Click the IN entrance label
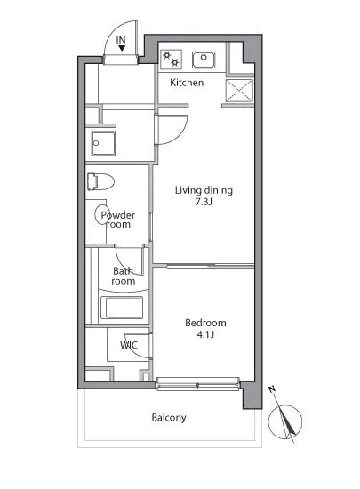point(121,40)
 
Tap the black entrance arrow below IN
point(122,48)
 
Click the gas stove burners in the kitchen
point(172,60)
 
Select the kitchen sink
point(204,60)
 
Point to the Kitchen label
point(187,83)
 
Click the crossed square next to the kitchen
point(239,91)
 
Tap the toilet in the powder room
point(100,181)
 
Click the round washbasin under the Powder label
point(102,214)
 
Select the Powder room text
point(118,220)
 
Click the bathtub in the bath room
point(122,308)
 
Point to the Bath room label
point(124,276)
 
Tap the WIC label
point(129,345)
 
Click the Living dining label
point(204,190)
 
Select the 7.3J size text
point(204,202)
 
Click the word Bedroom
point(205,323)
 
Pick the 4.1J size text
point(205,334)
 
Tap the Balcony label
point(169,418)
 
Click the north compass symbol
point(284,421)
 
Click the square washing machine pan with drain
point(103,143)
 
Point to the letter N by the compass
point(272,389)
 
